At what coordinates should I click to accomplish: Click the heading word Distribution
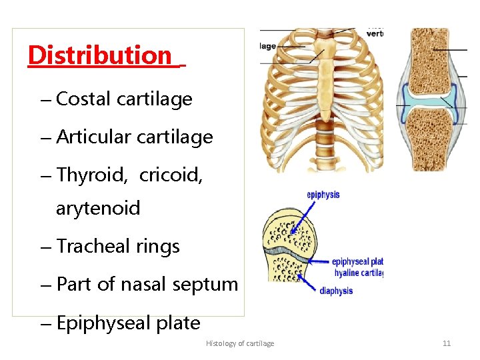click(x=101, y=55)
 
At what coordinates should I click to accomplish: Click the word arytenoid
click(x=98, y=209)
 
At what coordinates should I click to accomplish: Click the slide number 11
click(x=447, y=343)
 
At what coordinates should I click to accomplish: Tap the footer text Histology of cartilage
click(x=240, y=343)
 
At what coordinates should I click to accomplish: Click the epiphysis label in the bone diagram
click(x=323, y=195)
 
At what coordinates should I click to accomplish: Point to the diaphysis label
click(x=336, y=291)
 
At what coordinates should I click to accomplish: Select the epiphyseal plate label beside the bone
click(x=357, y=262)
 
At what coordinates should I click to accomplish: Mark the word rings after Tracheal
click(x=158, y=246)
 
